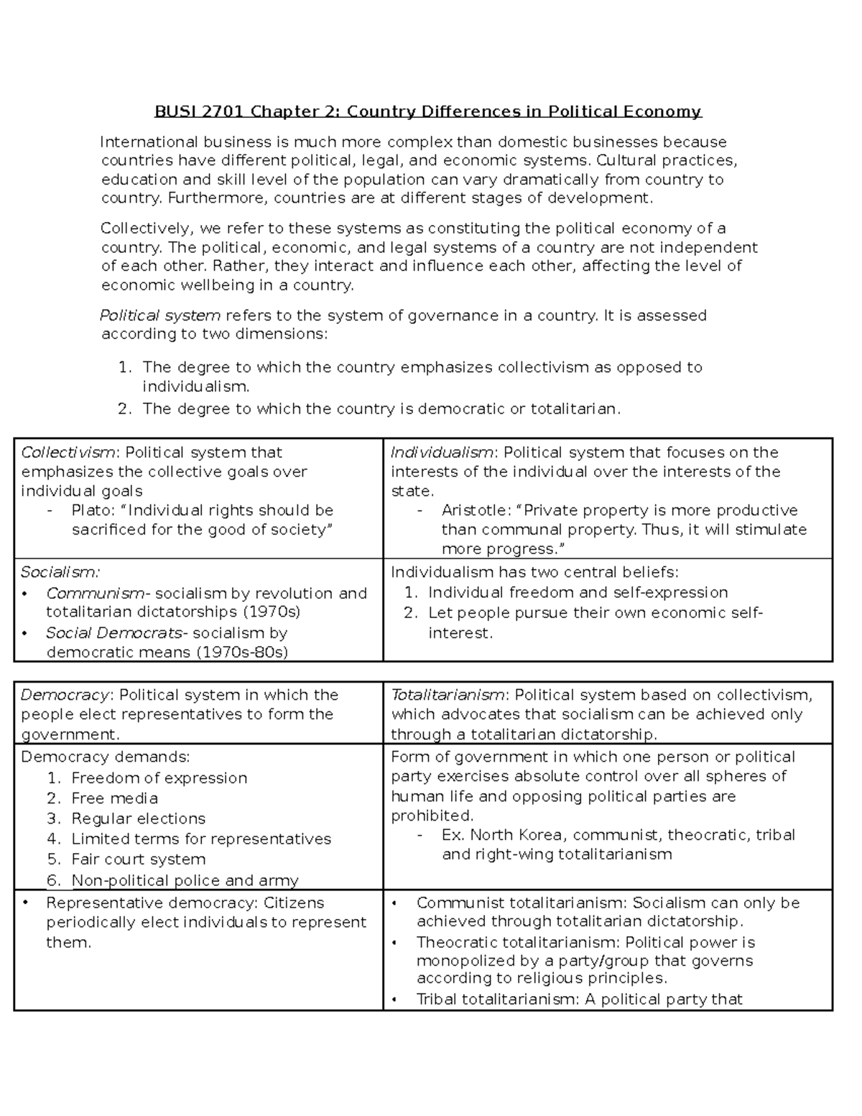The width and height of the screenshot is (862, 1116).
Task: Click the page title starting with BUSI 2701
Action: (x=428, y=111)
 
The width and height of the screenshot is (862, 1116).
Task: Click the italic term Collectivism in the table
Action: (x=68, y=453)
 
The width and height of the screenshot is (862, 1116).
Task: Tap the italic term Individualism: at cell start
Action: (x=442, y=453)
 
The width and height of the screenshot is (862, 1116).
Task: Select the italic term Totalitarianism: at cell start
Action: (x=449, y=695)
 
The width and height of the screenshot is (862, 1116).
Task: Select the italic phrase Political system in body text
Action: (x=159, y=315)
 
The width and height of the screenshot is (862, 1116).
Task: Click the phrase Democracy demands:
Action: (x=106, y=757)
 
